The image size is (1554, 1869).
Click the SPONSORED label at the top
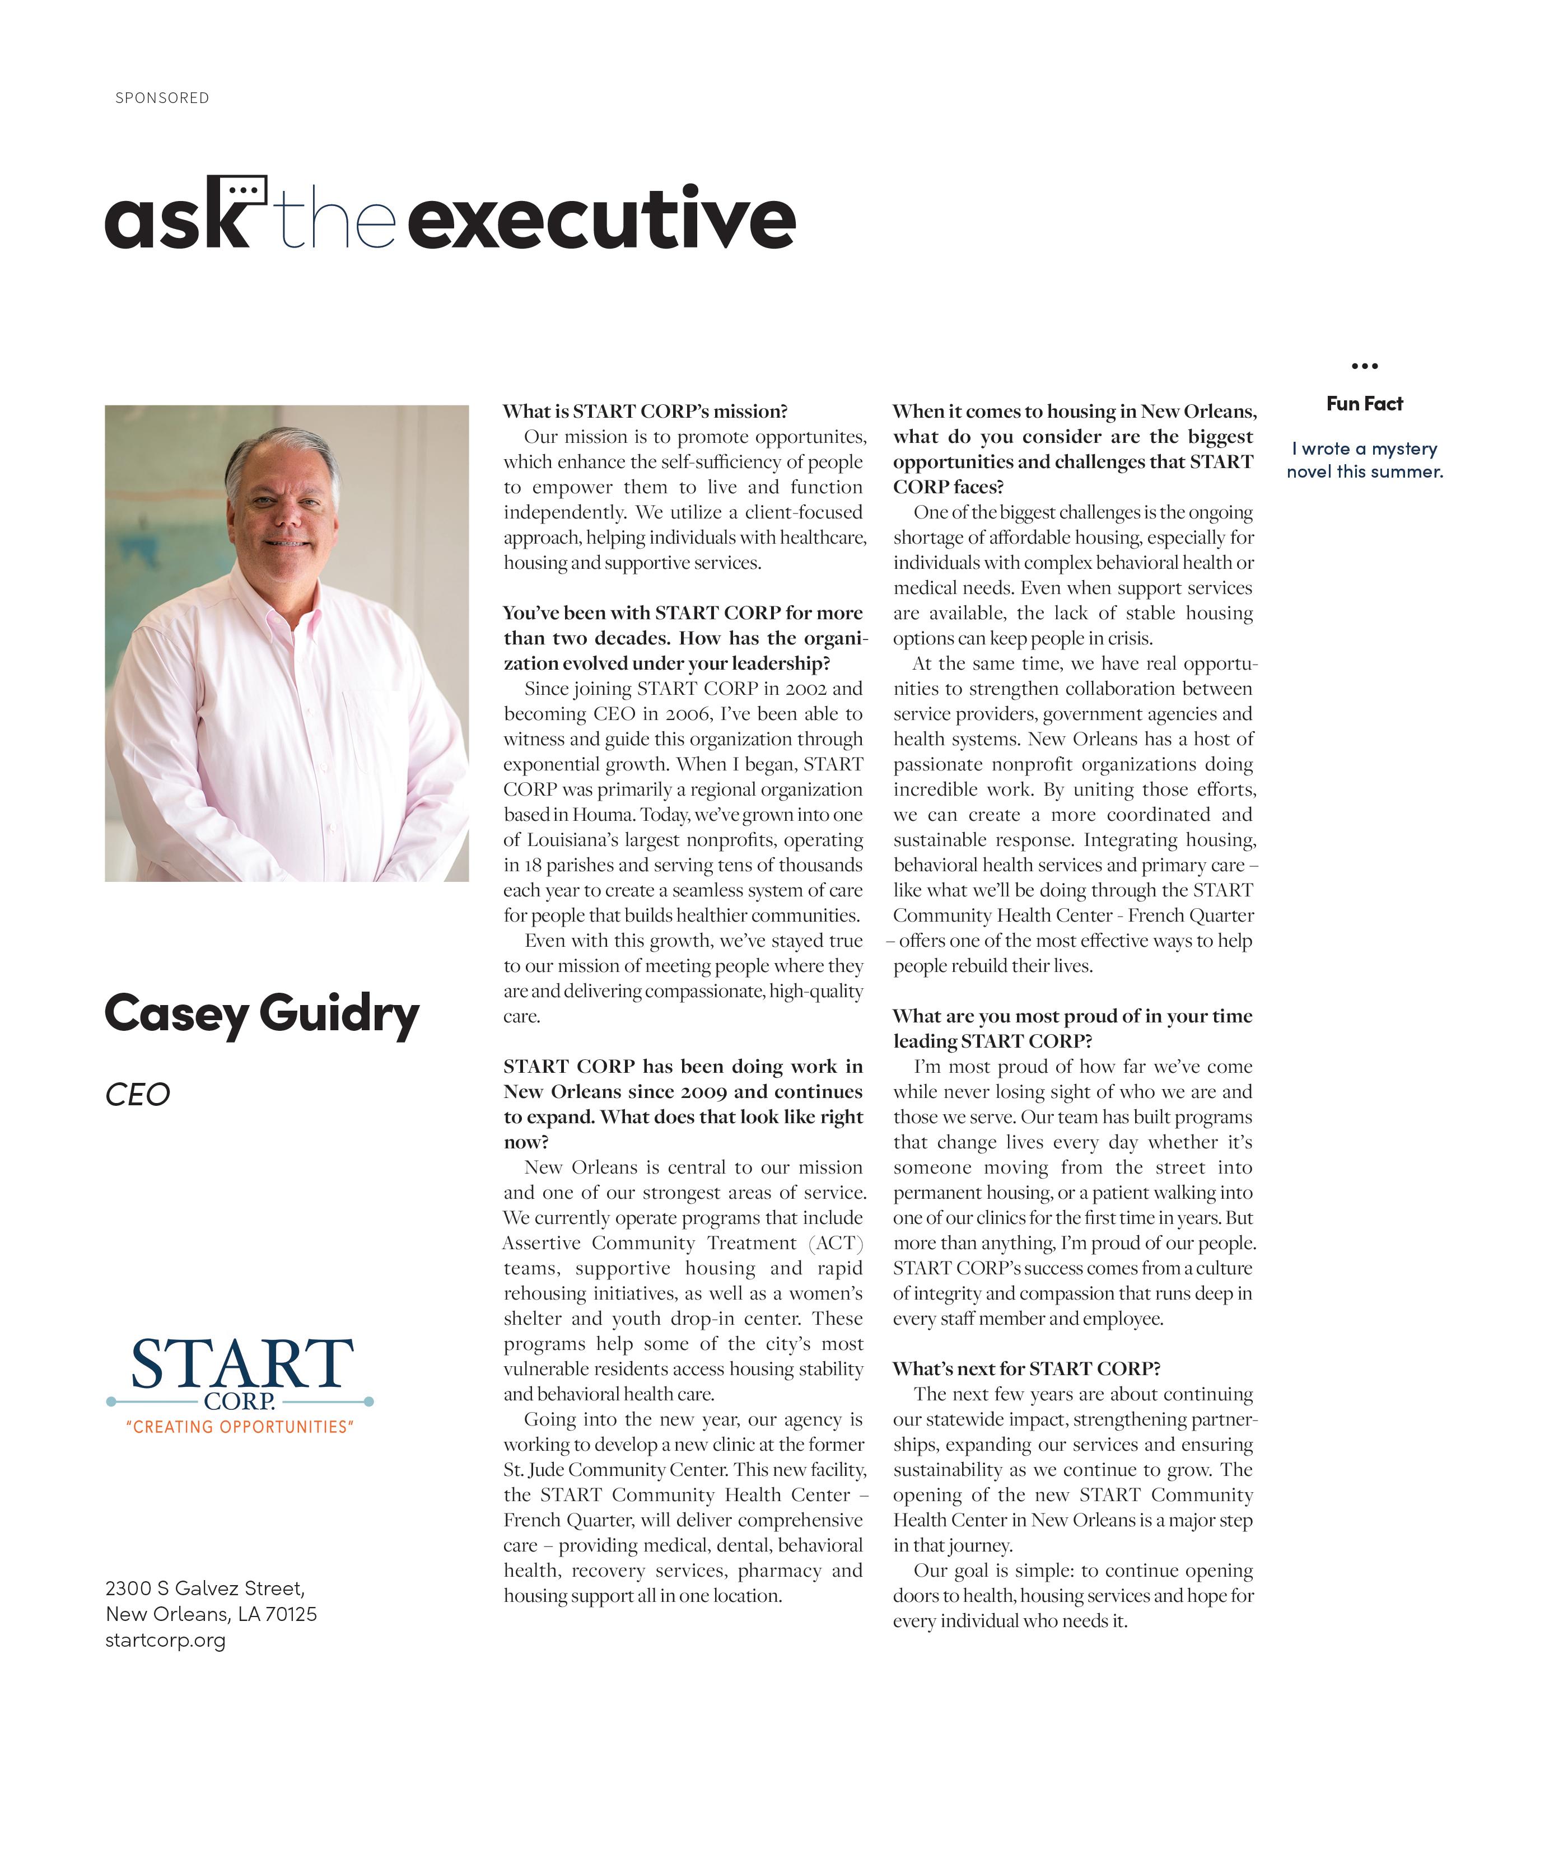pyautogui.click(x=162, y=98)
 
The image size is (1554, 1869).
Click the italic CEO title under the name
pyautogui.click(x=137, y=1095)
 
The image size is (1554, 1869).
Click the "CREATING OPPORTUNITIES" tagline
pyautogui.click(x=240, y=1428)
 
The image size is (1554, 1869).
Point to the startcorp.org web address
pyautogui.click(x=166, y=1640)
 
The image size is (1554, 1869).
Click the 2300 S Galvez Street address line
pyautogui.click(x=205, y=1588)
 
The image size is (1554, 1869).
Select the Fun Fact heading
pyautogui.click(x=1364, y=404)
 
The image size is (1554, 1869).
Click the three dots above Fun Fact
pyautogui.click(x=1364, y=366)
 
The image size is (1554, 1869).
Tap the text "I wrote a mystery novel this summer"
pyautogui.click(x=1364, y=460)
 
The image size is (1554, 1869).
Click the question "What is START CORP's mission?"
pyautogui.click(x=645, y=411)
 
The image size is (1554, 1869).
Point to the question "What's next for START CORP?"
pyautogui.click(x=1026, y=1369)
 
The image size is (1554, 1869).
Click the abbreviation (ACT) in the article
pyautogui.click(x=836, y=1244)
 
